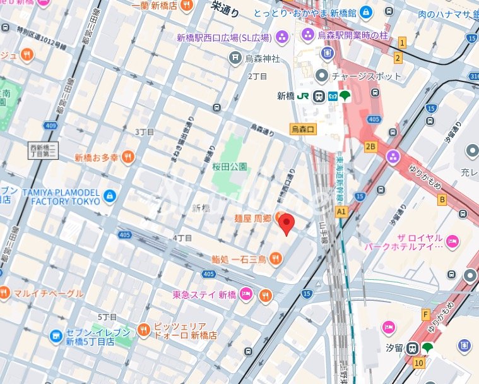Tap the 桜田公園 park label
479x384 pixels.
[229, 167]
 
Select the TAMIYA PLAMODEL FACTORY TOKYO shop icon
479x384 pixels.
[110, 196]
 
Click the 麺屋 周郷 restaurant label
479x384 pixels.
[254, 218]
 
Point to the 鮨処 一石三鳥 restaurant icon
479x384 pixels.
[275, 258]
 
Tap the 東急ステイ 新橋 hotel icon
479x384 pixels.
[247, 294]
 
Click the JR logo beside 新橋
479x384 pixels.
[302, 96]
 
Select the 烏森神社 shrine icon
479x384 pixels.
[235, 58]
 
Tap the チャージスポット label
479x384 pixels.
[366, 76]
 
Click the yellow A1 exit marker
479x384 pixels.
[342, 211]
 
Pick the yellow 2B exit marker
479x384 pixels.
[370, 147]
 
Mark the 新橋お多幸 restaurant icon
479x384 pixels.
[128, 157]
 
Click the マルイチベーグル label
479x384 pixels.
[49, 293]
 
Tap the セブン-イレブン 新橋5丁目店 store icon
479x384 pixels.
[56, 335]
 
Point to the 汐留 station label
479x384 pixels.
[393, 348]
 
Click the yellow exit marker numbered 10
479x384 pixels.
[419, 363]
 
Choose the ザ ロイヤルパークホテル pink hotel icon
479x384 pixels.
[452, 241]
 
